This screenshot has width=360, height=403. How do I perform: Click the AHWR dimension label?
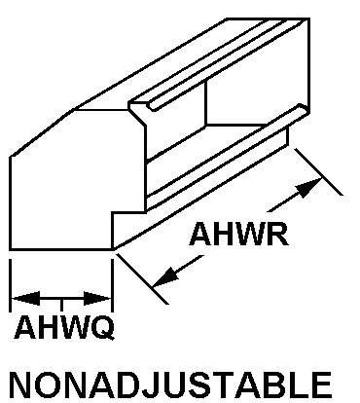(238, 234)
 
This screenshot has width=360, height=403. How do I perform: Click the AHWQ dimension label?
(64, 327)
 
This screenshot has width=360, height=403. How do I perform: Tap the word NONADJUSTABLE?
(171, 385)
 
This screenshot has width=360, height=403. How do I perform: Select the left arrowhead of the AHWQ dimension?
(26, 298)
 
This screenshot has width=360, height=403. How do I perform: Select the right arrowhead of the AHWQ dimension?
(97, 298)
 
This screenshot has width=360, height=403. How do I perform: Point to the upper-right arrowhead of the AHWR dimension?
(308, 187)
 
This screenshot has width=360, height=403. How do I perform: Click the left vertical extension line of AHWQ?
(11, 285)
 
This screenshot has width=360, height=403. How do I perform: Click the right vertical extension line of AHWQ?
(112, 285)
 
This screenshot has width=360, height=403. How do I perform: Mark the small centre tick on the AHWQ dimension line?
(61, 305)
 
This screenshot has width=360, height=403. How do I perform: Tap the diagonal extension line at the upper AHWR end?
(318, 172)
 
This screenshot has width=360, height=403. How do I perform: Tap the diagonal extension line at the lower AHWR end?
(143, 278)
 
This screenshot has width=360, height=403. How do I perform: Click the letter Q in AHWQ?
(102, 328)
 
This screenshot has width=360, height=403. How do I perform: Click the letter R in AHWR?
(278, 234)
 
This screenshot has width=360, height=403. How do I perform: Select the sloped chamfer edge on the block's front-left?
(42, 133)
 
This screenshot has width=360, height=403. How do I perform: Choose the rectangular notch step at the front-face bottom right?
(128, 212)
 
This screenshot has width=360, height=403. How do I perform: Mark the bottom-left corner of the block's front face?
(11, 249)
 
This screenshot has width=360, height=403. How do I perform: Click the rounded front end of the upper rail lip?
(152, 106)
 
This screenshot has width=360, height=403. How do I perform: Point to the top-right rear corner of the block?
(308, 18)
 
